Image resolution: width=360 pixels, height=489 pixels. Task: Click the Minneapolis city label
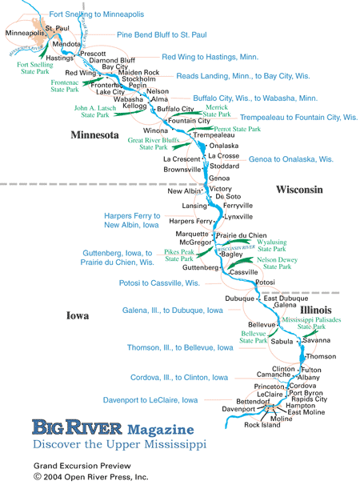[24, 33]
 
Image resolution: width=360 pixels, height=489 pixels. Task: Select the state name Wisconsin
[299, 190]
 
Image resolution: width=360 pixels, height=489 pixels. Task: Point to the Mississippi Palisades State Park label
[316, 323]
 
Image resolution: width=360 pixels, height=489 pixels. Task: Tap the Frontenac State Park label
[66, 86]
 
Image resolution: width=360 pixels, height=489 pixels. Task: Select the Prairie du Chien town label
[241, 235]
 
